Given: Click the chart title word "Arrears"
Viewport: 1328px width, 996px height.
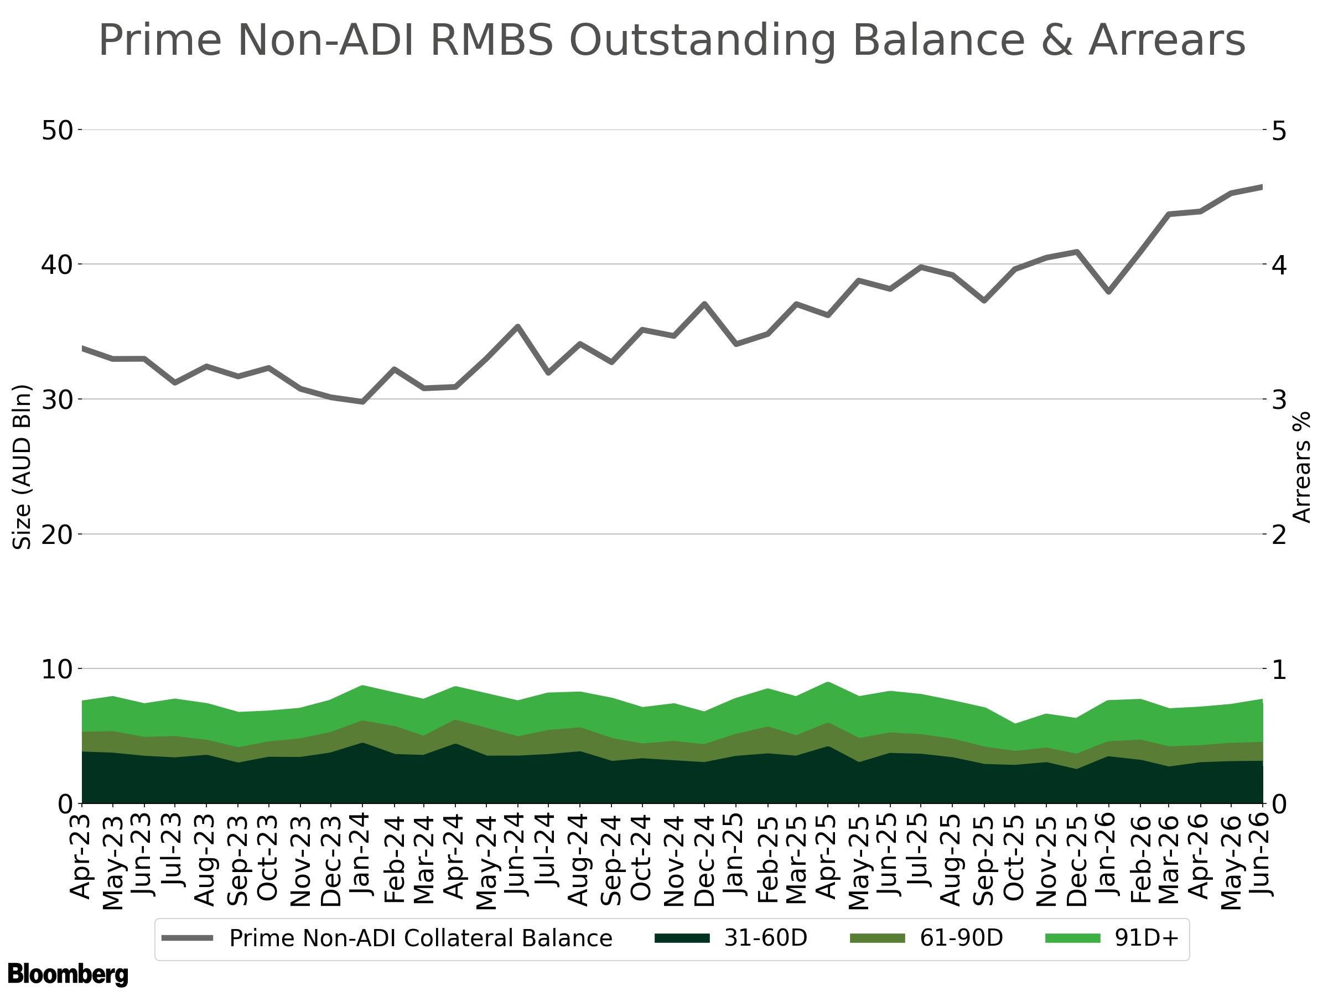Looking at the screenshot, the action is (1166, 40).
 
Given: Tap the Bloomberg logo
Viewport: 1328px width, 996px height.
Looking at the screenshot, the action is (68, 974).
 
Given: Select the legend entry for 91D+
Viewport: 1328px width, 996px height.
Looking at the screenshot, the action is (1111, 938).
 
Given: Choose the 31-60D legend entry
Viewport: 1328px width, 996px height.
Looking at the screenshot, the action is (730, 938).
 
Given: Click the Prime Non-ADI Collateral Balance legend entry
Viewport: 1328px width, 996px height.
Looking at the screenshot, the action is (387, 938).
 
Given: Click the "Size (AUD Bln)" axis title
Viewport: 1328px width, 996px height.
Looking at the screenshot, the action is (22, 467).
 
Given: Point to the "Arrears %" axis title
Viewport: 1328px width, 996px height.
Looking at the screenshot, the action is (1301, 467).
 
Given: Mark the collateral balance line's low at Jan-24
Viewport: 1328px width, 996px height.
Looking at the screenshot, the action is (362, 402).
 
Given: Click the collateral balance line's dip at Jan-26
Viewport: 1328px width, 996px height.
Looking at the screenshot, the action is (1109, 292).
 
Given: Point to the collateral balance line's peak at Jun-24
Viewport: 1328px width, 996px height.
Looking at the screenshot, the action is (517, 326).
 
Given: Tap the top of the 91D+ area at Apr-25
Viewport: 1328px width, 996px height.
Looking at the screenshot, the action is (828, 683).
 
